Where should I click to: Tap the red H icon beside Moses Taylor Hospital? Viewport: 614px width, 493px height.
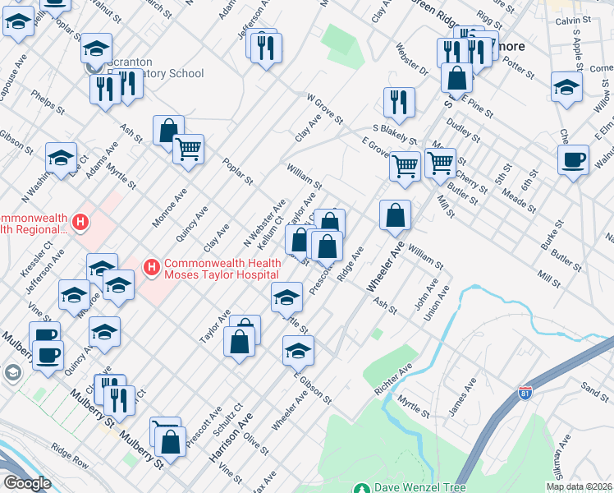[151, 266]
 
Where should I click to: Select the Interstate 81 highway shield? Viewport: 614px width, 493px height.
[525, 394]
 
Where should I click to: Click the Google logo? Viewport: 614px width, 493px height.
[26, 483]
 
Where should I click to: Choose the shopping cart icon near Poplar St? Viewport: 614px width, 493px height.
[189, 150]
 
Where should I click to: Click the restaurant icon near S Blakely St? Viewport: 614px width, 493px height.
[399, 103]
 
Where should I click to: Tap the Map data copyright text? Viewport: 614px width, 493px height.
[580, 486]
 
